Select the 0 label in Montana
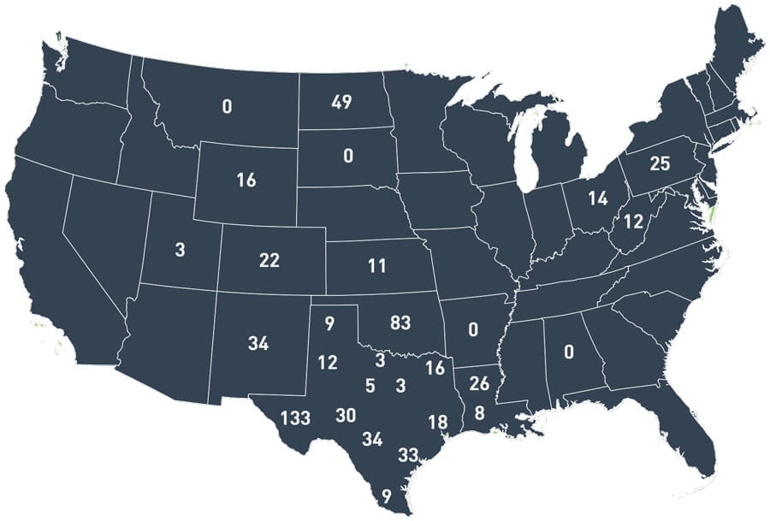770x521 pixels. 227,107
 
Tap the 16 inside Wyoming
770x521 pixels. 246,181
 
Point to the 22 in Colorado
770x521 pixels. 269,261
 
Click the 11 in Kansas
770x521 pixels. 378,265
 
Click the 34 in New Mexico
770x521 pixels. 258,344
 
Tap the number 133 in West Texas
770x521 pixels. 294,418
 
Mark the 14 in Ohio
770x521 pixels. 597,198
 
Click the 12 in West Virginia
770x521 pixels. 632,222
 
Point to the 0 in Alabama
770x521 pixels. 568,352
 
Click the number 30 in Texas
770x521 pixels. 346,415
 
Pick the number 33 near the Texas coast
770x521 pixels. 408,454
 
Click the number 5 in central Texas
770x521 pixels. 370,386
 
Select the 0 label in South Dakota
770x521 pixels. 347,156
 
